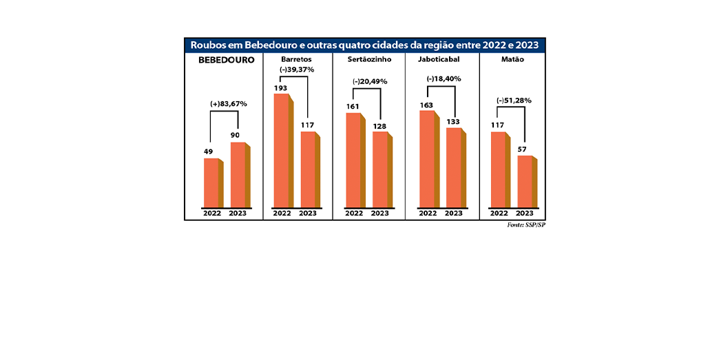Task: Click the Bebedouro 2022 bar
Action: coord(211,183)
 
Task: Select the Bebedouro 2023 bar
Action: coord(238,175)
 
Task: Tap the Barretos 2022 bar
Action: coord(282,151)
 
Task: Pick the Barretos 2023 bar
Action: coord(308,169)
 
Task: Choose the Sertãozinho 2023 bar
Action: coord(380,169)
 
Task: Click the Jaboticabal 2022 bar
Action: coord(427,159)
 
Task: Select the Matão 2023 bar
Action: coord(525,182)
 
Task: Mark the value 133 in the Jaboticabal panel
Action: coord(453,122)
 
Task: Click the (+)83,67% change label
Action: coord(228,104)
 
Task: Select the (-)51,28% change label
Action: coord(514,100)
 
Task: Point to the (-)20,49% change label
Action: coord(370,81)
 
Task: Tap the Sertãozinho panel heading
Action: coord(368,60)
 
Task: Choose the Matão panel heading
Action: coord(512,60)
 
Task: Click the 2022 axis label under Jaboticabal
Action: coord(428,213)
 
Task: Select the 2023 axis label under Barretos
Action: coord(308,213)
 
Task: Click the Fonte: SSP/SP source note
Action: coord(526,225)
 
